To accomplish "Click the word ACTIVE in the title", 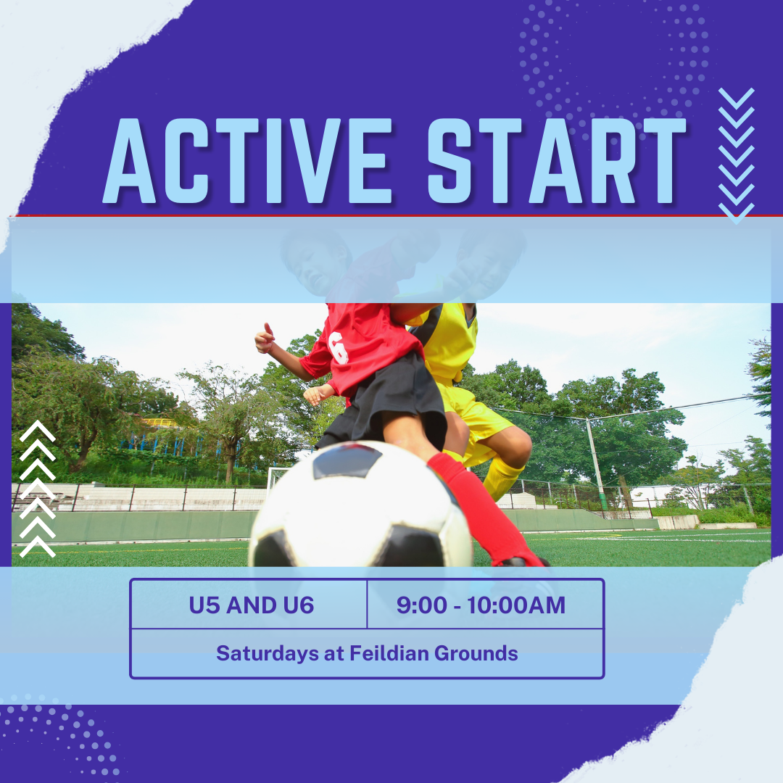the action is click(248, 161).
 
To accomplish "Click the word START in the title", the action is click(556, 161).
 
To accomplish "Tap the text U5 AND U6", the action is click(251, 605).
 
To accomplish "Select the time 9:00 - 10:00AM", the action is click(481, 605).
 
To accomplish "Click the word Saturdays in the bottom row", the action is click(267, 654).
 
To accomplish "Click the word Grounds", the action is click(476, 653).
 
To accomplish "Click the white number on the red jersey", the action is click(339, 347).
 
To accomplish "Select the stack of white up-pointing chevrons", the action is click(38, 489).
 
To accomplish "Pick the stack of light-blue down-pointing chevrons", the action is click(736, 156).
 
